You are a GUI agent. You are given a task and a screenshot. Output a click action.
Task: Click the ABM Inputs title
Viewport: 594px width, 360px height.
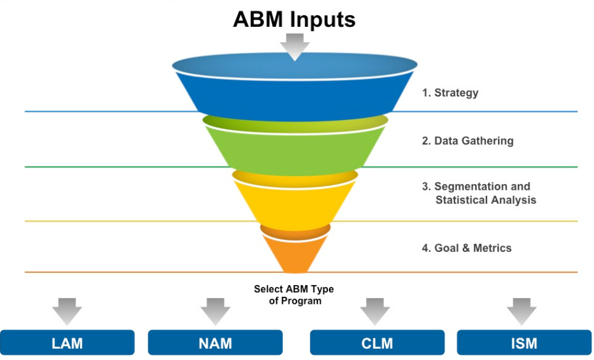(294, 19)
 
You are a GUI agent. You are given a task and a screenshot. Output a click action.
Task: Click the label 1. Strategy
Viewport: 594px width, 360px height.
(450, 92)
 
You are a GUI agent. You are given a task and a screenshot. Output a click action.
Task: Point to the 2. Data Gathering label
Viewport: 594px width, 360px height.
(468, 141)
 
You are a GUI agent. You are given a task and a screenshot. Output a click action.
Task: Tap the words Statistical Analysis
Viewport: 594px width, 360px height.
(485, 200)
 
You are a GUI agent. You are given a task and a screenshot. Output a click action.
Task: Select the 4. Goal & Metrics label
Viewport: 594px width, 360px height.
(467, 248)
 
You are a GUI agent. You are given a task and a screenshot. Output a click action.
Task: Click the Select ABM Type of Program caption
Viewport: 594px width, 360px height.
(294, 295)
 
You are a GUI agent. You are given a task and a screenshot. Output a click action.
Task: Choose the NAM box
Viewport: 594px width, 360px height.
(215, 343)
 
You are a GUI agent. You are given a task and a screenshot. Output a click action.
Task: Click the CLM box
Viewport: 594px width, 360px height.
(377, 343)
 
